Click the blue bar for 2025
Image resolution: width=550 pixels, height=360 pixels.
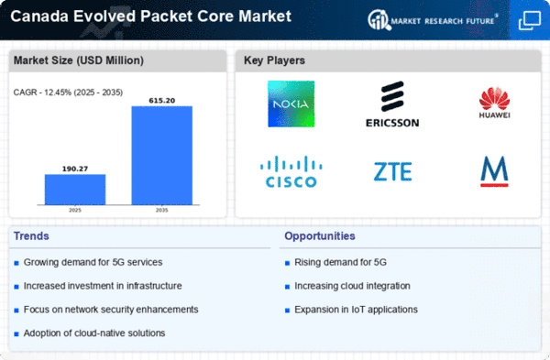75,190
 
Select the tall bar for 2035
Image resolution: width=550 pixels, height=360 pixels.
161,156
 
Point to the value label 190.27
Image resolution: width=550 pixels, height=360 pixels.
75,169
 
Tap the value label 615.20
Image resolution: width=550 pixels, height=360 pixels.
161,100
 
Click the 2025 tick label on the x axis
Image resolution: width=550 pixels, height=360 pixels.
75,210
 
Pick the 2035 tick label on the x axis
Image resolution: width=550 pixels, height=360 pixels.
161,210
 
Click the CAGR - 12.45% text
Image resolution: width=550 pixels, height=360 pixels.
68,93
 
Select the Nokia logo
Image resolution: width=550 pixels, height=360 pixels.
291,104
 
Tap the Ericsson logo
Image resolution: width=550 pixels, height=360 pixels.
392,104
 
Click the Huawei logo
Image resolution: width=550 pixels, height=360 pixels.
494,103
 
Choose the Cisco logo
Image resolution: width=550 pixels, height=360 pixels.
291,171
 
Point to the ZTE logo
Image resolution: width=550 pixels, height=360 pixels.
392,171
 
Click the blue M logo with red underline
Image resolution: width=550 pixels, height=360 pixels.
494,171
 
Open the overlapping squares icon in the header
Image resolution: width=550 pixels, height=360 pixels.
529,20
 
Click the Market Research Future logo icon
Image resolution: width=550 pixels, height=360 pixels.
379,19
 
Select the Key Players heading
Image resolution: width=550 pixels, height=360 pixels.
274,60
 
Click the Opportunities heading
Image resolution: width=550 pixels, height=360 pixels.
320,236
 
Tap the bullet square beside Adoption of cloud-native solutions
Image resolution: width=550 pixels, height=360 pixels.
16,334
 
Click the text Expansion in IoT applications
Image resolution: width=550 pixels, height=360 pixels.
356,310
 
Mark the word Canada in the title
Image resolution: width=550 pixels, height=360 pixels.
39,16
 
